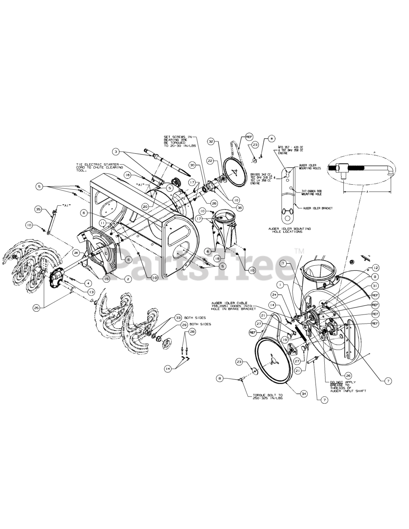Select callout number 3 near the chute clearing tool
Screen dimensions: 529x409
pos(116,152)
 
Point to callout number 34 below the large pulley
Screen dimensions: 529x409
pos(304,393)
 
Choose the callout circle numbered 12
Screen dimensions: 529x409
pos(376,267)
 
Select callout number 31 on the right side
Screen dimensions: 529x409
pos(375,286)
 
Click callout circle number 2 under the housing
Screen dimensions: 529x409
pos(128,279)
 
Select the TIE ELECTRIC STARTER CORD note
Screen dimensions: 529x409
pos(98,167)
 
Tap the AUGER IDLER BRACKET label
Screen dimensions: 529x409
pos(318,208)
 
